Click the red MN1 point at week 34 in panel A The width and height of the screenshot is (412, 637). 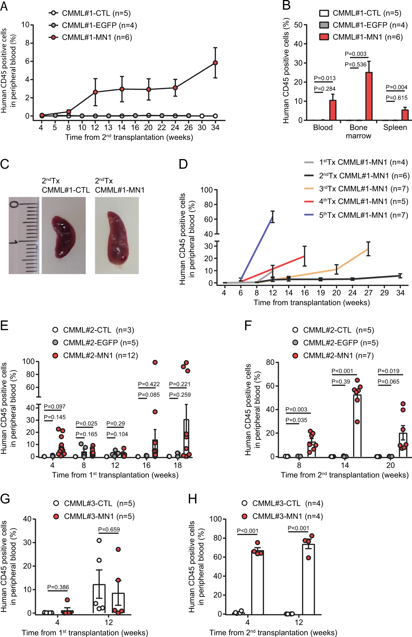tap(215, 63)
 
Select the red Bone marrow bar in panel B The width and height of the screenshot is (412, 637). tap(369, 96)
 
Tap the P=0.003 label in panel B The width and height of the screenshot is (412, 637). tap(356, 54)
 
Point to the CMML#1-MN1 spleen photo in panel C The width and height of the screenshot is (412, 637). tap(117, 235)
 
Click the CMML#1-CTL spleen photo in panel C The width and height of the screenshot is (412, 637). tap(64, 235)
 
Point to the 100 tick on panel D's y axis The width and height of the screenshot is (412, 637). tap(207, 190)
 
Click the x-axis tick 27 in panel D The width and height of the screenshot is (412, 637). tap(368, 293)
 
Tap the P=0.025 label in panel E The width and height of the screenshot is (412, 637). tap(86, 423)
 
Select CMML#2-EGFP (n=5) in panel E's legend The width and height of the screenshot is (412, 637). tap(100, 343)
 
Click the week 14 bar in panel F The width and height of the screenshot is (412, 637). tap(357, 426)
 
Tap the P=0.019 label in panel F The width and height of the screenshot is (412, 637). tap(388, 371)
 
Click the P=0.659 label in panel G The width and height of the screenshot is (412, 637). tap(109, 529)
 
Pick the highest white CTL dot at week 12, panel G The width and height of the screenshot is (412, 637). tap(99, 540)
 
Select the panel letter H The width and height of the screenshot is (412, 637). tap(193, 499)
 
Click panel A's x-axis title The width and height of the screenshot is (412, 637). tap(129, 137)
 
